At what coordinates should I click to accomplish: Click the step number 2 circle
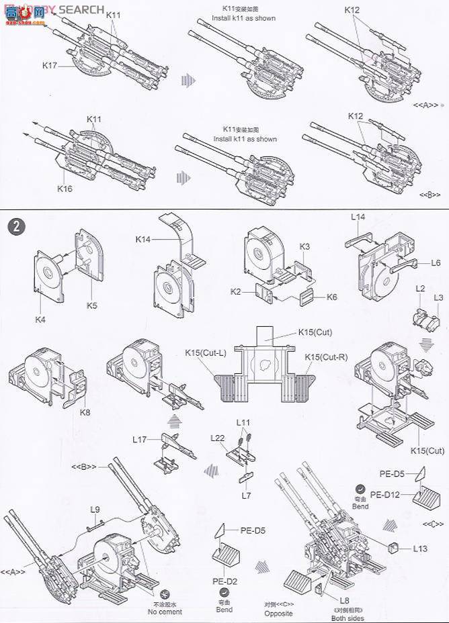17,226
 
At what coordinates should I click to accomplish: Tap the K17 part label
50,65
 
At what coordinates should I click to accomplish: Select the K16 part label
65,189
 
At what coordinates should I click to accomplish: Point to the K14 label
143,239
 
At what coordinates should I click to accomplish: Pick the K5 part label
91,305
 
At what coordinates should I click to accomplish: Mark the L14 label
358,217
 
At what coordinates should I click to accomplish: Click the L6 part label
436,263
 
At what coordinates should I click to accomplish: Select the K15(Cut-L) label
206,353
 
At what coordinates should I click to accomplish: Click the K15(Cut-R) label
326,356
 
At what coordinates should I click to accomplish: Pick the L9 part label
96,509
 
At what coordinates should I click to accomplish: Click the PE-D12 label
384,495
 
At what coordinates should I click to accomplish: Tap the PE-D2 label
224,581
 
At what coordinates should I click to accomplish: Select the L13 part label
420,548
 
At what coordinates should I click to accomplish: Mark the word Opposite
278,613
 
